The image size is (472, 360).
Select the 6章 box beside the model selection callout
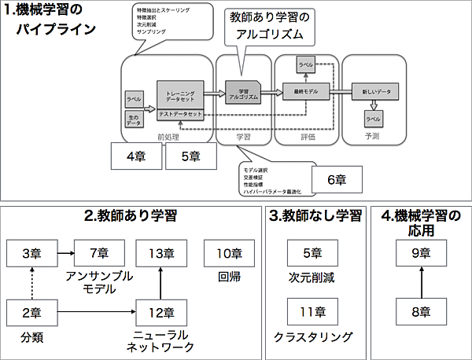coord(337,178)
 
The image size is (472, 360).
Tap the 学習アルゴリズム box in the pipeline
coord(242,91)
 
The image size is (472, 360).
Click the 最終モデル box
coord(305,92)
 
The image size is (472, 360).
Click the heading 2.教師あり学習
coord(130,215)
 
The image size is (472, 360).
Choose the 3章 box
coord(31,253)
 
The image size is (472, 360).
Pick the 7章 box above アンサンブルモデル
coord(99,253)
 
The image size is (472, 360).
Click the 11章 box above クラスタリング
coord(312,312)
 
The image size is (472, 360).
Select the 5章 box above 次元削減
coord(312,253)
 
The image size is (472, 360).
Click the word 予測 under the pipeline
coord(372,136)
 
